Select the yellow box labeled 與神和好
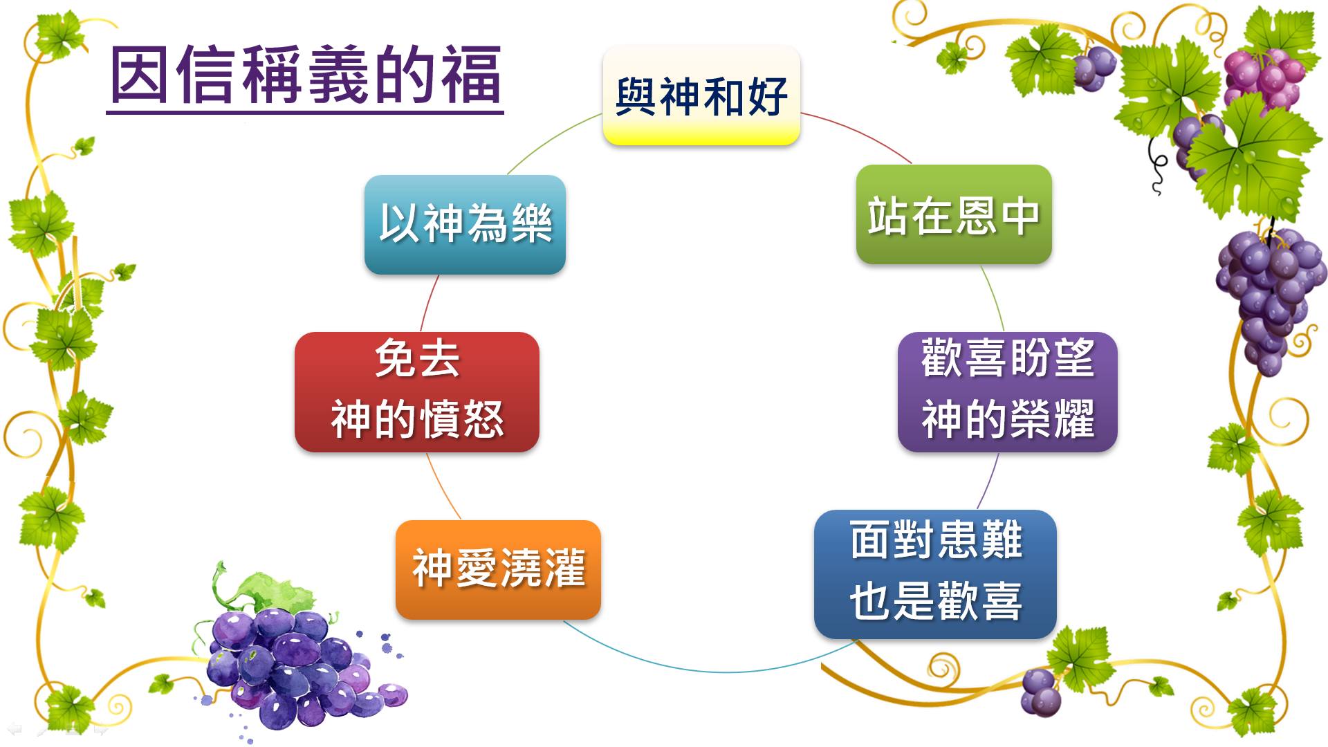click(x=701, y=95)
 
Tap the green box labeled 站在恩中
click(x=954, y=214)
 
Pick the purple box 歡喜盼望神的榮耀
click(x=1007, y=391)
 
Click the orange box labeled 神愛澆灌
click(x=498, y=569)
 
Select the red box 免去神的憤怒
click(x=416, y=391)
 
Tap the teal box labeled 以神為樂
click(x=465, y=225)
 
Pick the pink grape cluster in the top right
click(x=1263, y=76)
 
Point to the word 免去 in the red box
click(x=417, y=360)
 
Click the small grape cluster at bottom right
click(x=1041, y=692)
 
